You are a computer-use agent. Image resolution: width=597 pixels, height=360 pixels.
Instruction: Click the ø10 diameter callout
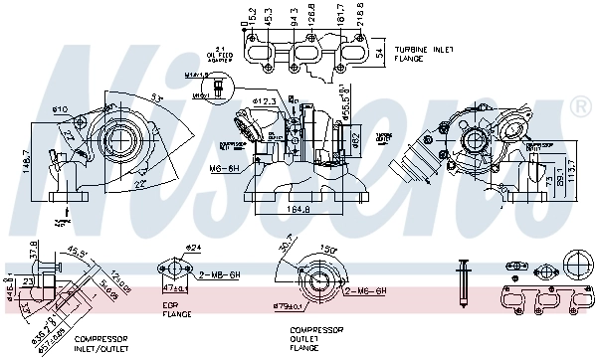click(59, 107)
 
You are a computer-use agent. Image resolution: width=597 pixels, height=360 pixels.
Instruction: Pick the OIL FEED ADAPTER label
click(220, 54)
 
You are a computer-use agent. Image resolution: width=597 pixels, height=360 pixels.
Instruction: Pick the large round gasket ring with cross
click(576, 267)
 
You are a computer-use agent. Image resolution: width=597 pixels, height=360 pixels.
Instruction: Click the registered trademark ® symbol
click(579, 104)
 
